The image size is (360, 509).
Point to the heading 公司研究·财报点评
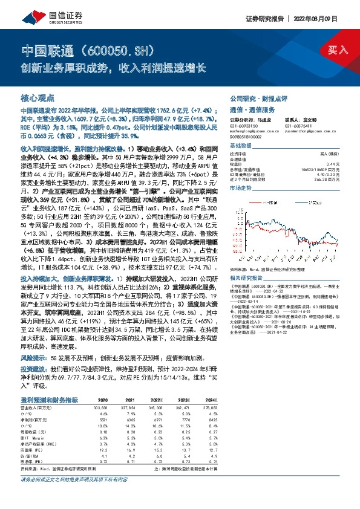258,97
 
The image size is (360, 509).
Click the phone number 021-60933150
244,125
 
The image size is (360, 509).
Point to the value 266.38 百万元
327,180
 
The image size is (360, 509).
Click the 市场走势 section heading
241,189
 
